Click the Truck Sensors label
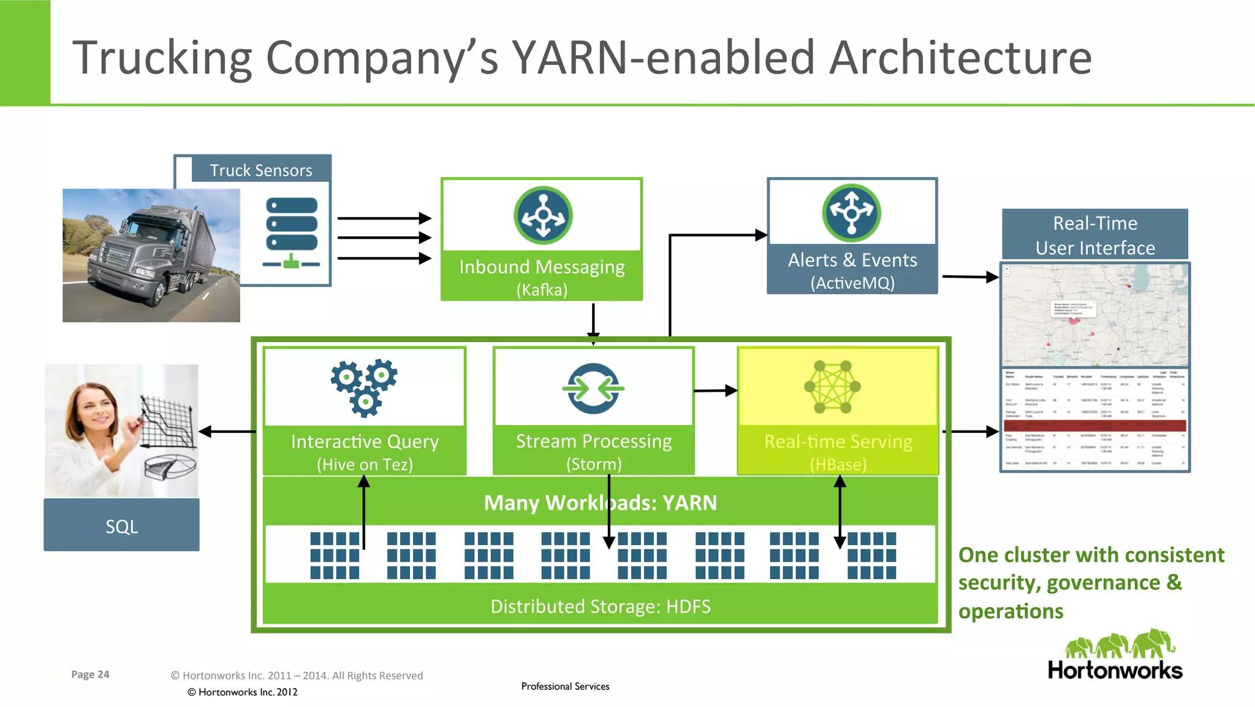point(261,170)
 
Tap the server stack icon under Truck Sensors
point(292,232)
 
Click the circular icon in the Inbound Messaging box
point(543,215)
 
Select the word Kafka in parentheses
point(542,289)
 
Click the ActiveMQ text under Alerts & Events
point(852,283)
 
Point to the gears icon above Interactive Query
point(365,387)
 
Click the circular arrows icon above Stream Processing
point(593,388)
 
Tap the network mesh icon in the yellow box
point(832,386)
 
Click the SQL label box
point(121,525)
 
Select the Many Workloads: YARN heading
point(600,503)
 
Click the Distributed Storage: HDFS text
point(600,606)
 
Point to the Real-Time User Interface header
point(1095,235)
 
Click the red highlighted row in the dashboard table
point(1095,425)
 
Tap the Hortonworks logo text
point(1115,670)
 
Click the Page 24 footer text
point(90,675)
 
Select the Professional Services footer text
point(565,686)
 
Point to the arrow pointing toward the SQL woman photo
point(227,432)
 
